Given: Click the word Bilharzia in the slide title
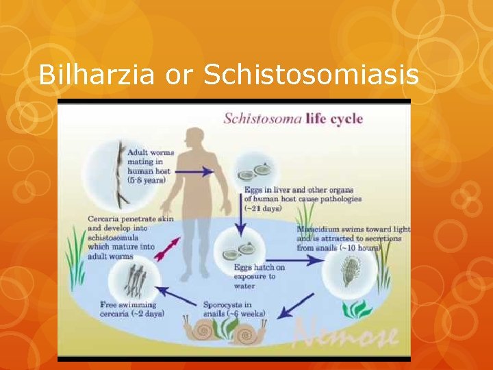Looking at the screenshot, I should (x=98, y=74).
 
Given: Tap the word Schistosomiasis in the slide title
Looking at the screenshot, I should (x=312, y=74).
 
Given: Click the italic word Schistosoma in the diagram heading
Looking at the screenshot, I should (x=262, y=119).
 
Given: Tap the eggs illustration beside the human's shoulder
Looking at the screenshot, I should (x=255, y=169).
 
